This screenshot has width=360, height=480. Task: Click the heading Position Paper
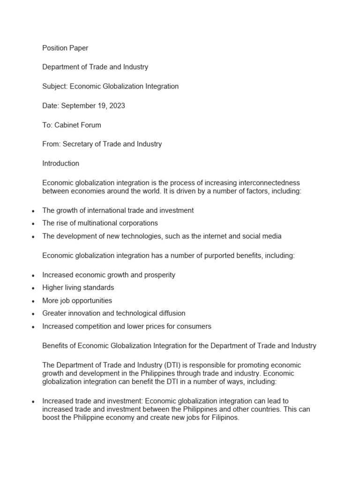(65, 48)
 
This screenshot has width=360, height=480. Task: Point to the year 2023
(117, 105)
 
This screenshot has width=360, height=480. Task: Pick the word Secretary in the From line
(78, 144)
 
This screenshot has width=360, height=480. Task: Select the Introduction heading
(60, 164)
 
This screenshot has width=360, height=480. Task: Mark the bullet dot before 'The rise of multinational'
(33, 224)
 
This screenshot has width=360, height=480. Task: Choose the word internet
(216, 236)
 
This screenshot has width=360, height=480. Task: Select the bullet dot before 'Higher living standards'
(33, 288)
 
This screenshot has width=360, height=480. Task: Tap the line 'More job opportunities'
(77, 300)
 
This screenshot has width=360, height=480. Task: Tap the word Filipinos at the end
(223, 418)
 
